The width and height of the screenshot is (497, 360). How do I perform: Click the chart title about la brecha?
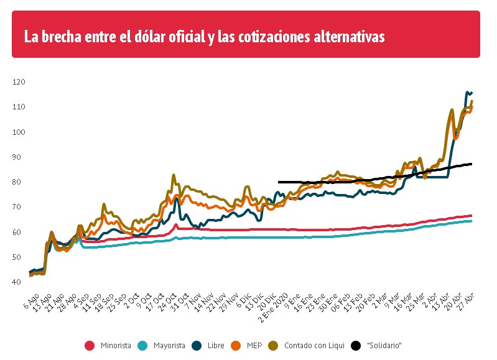(x=204, y=37)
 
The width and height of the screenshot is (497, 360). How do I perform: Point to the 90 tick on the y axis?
(x=19, y=157)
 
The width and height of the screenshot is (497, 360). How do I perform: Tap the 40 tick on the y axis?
(x=19, y=282)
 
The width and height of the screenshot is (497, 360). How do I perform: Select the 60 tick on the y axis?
(x=19, y=233)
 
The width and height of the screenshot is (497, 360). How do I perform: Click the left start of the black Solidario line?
(x=279, y=182)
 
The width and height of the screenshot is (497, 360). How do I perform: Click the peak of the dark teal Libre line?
(x=467, y=92)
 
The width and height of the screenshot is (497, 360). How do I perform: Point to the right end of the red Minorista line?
(x=471, y=216)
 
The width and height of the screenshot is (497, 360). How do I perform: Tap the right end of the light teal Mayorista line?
(x=471, y=221)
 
